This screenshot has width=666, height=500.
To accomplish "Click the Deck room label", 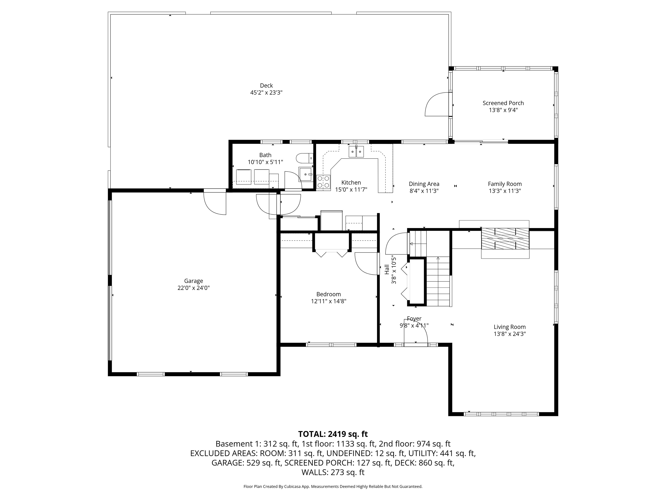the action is [266, 86].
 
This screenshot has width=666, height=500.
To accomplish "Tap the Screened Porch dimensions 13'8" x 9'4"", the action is [503, 110].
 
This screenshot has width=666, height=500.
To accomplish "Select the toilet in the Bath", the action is [305, 158].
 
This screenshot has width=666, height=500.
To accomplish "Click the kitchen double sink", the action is [356, 152].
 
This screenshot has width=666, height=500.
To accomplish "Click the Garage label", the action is [194, 281].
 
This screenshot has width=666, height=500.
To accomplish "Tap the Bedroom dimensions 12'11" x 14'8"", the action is [328, 301].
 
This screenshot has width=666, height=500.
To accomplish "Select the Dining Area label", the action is [424, 184].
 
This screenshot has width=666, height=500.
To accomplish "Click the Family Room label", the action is [505, 184].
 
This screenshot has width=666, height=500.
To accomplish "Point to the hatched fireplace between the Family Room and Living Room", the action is [505, 239].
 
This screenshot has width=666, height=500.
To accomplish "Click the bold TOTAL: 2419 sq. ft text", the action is [333, 434].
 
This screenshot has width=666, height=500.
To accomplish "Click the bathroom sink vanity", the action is [305, 175].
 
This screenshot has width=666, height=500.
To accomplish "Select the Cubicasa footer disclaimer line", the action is [333, 487].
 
